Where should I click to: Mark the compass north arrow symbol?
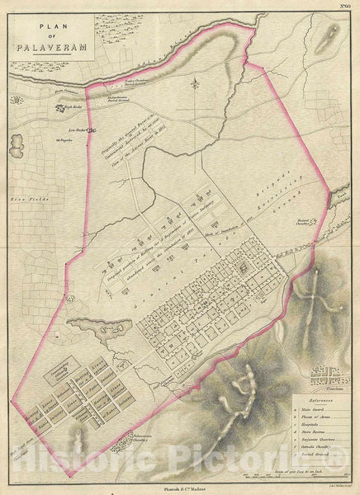click(x=195, y=82)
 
